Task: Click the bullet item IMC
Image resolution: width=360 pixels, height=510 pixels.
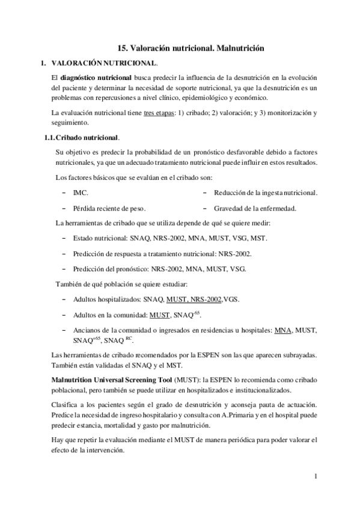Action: point(80,192)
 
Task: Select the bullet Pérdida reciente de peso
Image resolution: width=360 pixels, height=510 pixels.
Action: point(109,209)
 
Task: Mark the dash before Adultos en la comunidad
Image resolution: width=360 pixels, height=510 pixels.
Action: point(64,315)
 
